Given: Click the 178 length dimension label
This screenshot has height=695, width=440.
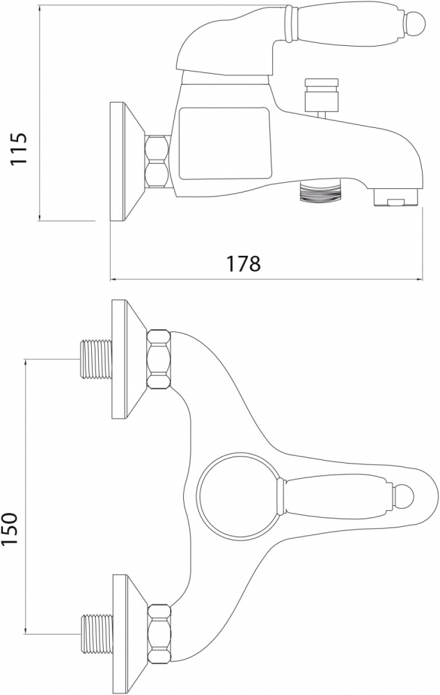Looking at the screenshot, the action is [243, 264].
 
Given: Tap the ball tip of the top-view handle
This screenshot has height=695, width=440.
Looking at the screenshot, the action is [404, 495].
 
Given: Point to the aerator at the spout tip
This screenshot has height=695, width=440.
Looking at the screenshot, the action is [395, 197].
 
